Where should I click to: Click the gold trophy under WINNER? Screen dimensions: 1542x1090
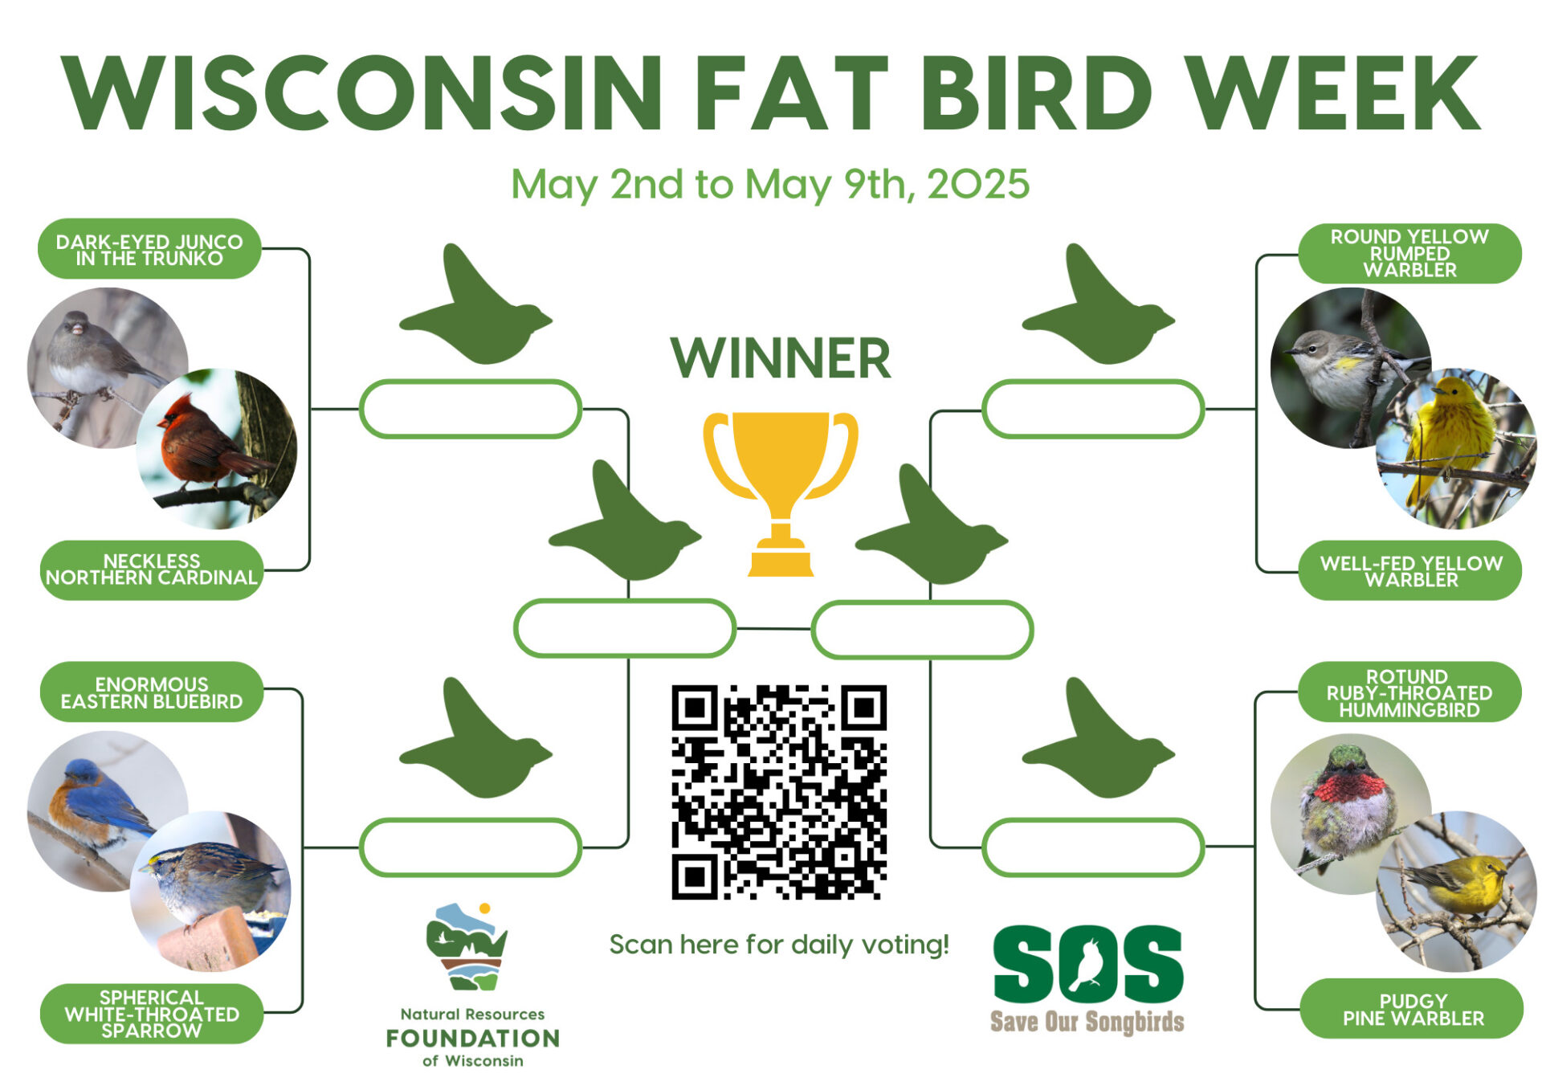[780, 492]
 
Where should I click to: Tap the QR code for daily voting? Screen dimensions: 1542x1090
[779, 792]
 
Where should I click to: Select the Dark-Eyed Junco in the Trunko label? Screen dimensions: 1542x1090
[149, 249]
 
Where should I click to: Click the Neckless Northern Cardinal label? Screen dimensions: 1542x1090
[152, 569]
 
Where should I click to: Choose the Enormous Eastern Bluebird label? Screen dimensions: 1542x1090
[152, 692]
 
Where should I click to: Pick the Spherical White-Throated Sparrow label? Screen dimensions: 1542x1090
[152, 1013]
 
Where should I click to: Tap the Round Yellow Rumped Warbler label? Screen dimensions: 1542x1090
[1409, 253]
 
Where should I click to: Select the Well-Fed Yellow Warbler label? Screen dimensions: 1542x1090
[1411, 570]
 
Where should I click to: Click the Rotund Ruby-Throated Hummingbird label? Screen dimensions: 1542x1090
[1409, 692]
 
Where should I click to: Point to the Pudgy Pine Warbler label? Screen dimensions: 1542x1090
[1412, 1009]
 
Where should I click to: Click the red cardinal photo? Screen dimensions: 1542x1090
[217, 448]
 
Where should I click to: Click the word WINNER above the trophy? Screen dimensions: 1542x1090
[781, 358]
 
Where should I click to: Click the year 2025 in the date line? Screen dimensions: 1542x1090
[978, 184]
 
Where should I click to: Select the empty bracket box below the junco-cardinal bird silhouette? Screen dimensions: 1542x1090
[470, 409]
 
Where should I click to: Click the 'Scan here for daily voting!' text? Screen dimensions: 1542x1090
[779, 945]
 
